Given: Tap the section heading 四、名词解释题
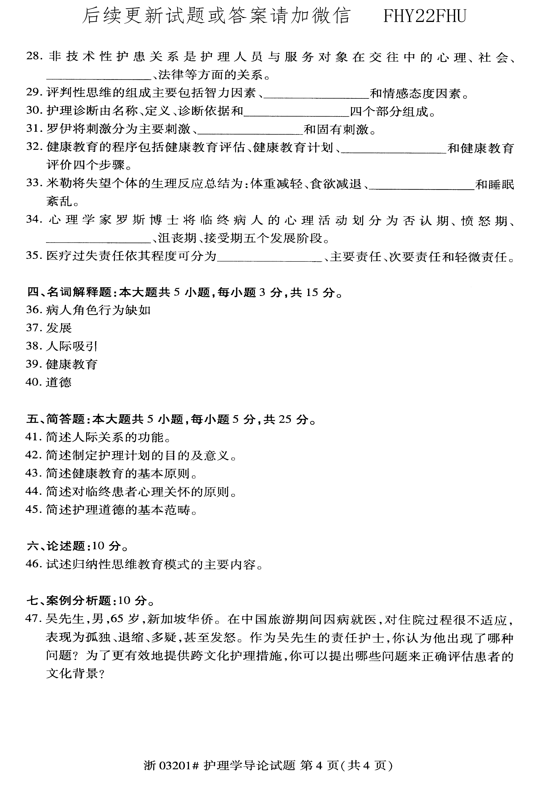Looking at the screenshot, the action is click(69, 293).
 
